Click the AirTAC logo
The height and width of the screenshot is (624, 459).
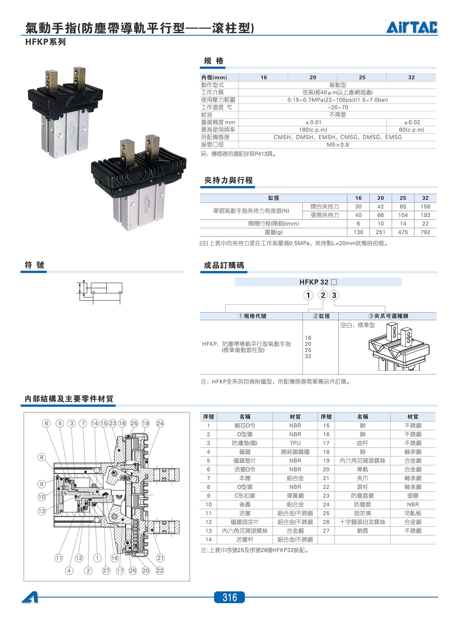(412, 27)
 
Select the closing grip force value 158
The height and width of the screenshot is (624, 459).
(425, 207)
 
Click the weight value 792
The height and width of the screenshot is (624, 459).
(425, 232)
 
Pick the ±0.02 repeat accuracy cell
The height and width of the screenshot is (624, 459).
(412, 122)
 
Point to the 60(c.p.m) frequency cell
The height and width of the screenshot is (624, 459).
(412, 130)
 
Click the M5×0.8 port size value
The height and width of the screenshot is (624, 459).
(338, 145)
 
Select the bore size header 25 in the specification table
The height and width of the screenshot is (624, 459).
(362, 77)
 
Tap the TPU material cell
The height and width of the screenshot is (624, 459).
(295, 443)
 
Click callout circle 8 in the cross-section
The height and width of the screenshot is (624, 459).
(42, 457)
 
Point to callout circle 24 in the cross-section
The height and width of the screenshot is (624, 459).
(160, 423)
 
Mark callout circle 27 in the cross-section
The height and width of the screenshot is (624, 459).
(106, 571)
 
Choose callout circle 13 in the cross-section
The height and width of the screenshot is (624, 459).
(42, 511)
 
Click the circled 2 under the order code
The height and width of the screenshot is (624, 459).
(323, 295)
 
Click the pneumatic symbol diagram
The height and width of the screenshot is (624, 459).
(100, 292)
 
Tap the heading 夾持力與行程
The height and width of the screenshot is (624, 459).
(228, 181)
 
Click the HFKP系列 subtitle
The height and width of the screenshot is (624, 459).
(45, 42)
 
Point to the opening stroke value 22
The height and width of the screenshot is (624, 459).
(425, 224)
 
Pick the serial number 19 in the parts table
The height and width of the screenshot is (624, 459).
(326, 460)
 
